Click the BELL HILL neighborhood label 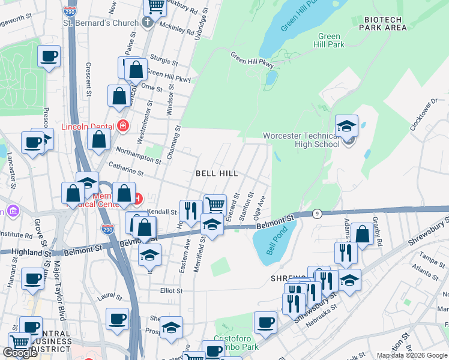[217, 173]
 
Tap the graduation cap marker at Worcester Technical [346, 127]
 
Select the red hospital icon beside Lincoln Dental [123, 125]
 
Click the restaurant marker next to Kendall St [190, 211]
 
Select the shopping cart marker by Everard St [214, 205]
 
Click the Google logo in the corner [20, 353]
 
